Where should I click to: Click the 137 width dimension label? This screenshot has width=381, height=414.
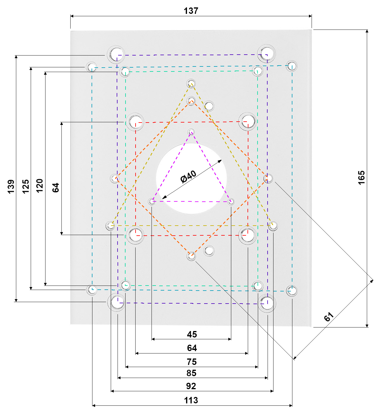coord(191,11)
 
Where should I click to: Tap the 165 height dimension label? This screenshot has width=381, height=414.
coord(361,178)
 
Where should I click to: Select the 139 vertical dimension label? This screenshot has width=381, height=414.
coord(11,187)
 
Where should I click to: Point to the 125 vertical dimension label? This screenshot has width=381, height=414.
coord(26,187)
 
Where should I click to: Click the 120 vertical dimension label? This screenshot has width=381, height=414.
coord(40,186)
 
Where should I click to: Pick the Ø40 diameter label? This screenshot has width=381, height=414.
coord(188,177)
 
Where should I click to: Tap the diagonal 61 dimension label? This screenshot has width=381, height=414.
coord(328,317)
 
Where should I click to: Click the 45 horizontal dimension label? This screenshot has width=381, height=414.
coord(192,334)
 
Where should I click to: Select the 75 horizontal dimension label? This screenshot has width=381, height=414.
coord(192,362)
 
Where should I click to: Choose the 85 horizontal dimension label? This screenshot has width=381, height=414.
coord(191,373)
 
